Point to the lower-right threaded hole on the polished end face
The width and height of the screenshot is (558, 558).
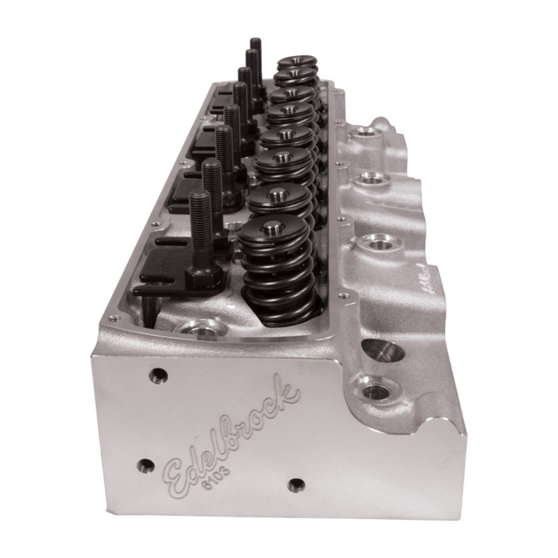pyautogui.click(x=296, y=483)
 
